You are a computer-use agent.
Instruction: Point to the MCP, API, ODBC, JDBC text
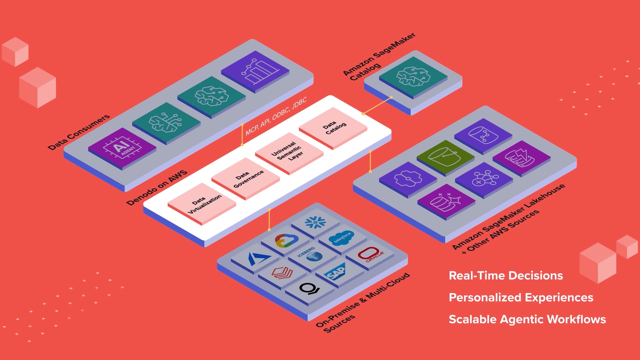click(276, 117)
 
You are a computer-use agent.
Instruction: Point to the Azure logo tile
click(258, 259)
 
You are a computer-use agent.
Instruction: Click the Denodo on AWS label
click(157, 188)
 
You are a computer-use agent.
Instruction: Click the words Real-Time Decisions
click(506, 276)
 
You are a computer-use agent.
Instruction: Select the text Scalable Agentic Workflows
click(527, 319)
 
